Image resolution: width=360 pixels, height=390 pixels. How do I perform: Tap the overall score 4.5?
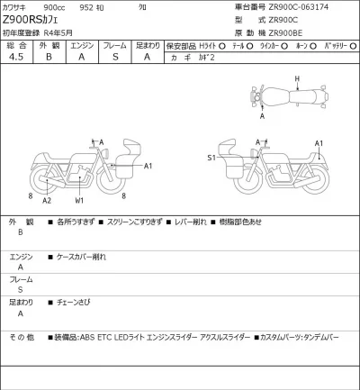click(x=15, y=56)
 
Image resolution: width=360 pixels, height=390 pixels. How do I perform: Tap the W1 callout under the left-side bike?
click(x=80, y=199)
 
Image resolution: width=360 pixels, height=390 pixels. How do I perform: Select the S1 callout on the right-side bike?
click(x=211, y=157)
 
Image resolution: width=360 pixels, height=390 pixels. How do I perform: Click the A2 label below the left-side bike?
click(x=47, y=199)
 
